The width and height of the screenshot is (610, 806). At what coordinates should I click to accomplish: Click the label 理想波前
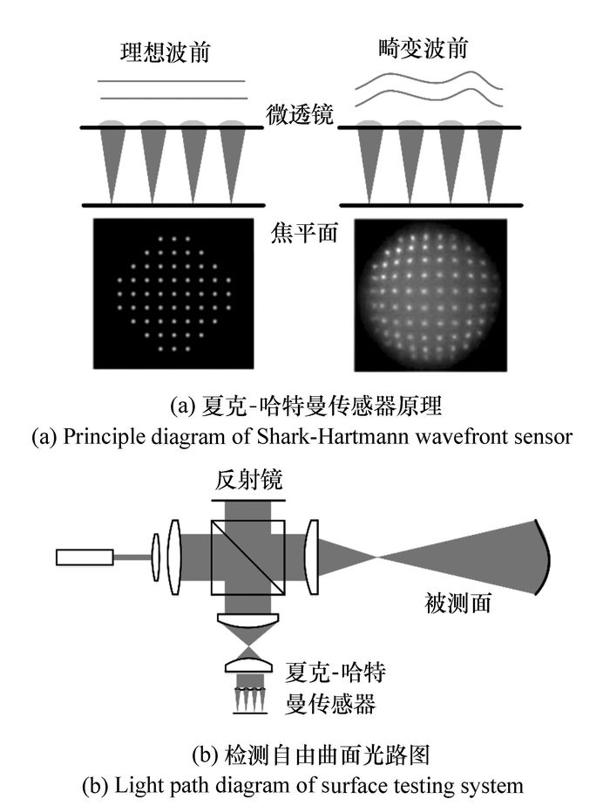coord(166,52)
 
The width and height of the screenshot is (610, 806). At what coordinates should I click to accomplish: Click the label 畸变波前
coord(424,49)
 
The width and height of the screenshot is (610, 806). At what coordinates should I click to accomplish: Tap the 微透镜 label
coord(300,114)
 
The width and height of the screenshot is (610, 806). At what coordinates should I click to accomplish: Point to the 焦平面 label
coord(304,232)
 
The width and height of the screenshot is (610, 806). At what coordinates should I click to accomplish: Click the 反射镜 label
coord(248,482)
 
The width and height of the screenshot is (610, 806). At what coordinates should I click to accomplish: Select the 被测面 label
coord(458,603)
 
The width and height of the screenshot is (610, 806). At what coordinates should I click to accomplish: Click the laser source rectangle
coord(85,557)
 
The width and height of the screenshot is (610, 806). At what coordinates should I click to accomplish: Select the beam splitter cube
coord(248,558)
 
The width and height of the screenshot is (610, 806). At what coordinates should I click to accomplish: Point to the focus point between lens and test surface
coord(376,557)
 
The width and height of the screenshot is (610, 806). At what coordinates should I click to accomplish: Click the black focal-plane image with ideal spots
coord(173,293)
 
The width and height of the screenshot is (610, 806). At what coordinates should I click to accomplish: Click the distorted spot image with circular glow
coord(430,295)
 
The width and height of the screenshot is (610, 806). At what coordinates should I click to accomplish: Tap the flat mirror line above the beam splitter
coord(248,500)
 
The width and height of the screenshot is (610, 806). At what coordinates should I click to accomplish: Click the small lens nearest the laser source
coord(156,557)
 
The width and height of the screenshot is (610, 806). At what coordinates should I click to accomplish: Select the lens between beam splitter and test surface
coord(311,557)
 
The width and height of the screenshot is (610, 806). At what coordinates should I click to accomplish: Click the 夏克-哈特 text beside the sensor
coord(335,672)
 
